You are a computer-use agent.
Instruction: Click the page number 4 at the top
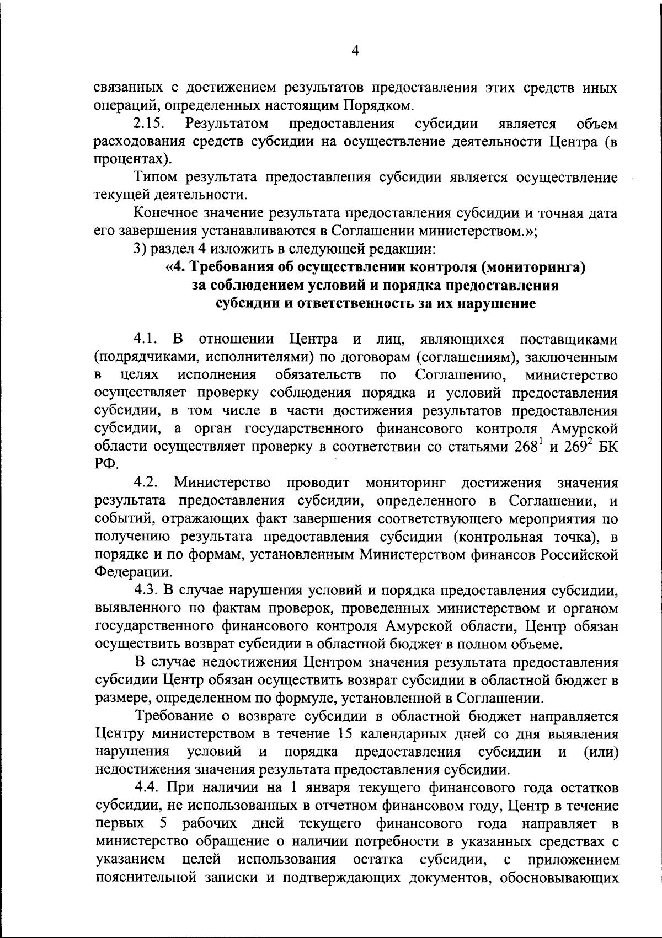tap(355, 51)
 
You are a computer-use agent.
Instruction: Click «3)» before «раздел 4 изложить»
tap(141, 249)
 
